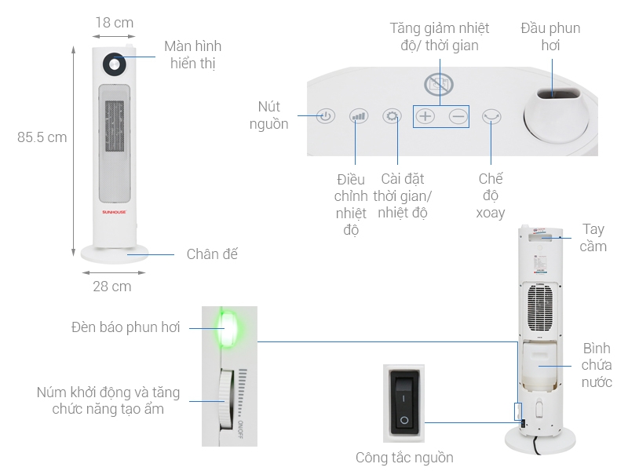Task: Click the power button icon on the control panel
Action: point(327,117)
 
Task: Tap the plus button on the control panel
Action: point(425,117)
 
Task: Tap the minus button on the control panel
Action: point(458,117)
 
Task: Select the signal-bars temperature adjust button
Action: point(359,117)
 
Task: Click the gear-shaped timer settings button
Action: point(392,117)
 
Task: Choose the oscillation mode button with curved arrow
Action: point(492,117)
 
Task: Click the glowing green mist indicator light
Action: point(228,327)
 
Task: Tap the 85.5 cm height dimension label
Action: point(42,137)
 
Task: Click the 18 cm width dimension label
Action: point(114,23)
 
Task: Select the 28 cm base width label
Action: point(112,287)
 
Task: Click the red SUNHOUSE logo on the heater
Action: point(115,211)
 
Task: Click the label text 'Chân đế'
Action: point(211,254)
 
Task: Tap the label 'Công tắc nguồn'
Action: point(404,457)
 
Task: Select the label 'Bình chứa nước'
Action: point(597,365)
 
